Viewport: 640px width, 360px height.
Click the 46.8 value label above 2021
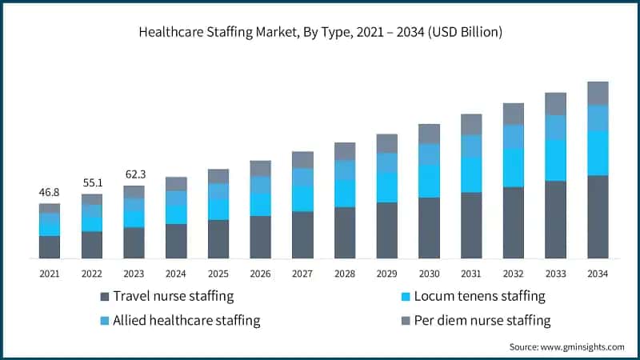(x=50, y=193)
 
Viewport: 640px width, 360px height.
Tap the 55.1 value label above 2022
(x=92, y=183)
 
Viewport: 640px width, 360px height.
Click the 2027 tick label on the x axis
(x=302, y=274)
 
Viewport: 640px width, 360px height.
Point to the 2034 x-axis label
(x=598, y=274)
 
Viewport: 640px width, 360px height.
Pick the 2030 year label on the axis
(x=429, y=274)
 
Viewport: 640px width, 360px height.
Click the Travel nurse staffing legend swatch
(x=104, y=297)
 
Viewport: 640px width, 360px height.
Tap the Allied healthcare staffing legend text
(x=186, y=321)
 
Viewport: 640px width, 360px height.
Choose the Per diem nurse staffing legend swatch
(x=405, y=322)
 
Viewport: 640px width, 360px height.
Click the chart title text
(x=320, y=33)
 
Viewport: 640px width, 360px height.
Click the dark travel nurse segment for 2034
(x=598, y=217)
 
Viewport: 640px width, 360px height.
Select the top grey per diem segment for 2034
(x=598, y=93)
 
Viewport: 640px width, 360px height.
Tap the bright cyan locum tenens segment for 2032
(x=514, y=167)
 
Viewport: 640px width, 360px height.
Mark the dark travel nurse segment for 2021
(x=50, y=247)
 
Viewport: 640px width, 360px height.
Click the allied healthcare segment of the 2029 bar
(x=387, y=163)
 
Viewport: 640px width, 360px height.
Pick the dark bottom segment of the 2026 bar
(x=260, y=237)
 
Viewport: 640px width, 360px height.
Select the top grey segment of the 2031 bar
(x=471, y=124)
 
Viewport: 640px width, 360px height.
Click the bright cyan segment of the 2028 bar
(x=345, y=194)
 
